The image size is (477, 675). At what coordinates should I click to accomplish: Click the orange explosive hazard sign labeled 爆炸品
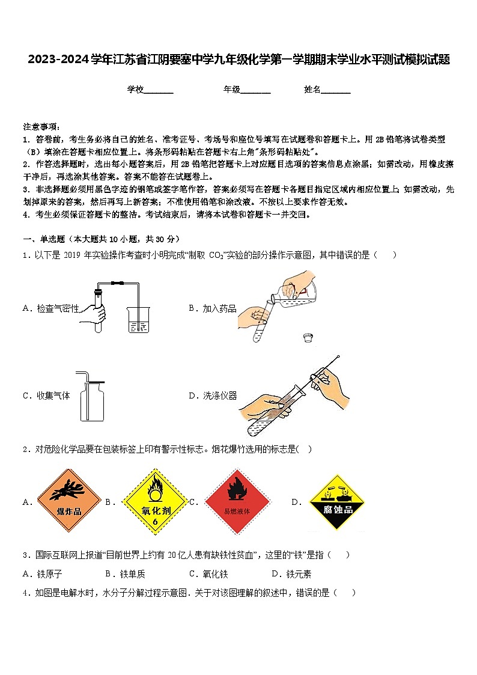[x=68, y=501]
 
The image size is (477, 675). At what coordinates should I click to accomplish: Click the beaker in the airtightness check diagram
[x=138, y=319]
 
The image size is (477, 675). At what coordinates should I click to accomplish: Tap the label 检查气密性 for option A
[x=58, y=308]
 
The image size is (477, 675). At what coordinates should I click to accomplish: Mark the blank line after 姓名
[x=336, y=91]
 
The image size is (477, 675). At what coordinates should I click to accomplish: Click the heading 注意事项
[x=41, y=127]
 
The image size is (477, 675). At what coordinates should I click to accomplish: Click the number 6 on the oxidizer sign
[x=155, y=522]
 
